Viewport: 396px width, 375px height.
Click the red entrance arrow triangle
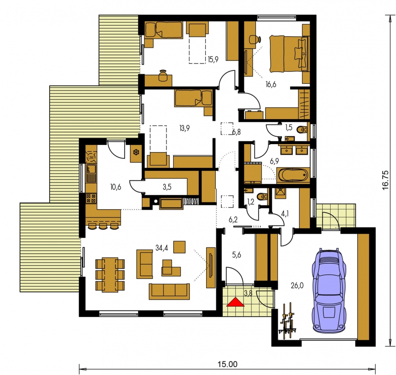(x=235, y=302)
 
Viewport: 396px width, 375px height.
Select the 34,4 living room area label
(x=162, y=248)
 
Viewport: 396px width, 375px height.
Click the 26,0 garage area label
(x=297, y=286)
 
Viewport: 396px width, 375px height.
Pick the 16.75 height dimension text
(x=385, y=180)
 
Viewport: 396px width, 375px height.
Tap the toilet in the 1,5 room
(x=302, y=130)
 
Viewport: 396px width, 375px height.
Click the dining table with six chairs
(x=110, y=275)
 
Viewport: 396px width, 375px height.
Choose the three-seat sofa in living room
(x=169, y=291)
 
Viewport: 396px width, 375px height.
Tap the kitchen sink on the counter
(x=91, y=173)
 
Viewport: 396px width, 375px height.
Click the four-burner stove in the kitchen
(x=91, y=198)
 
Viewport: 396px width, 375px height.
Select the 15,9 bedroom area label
(x=213, y=60)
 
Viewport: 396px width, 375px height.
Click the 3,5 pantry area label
(x=167, y=187)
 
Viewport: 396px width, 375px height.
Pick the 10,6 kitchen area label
(x=116, y=187)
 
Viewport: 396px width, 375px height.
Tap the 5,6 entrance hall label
(x=237, y=255)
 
